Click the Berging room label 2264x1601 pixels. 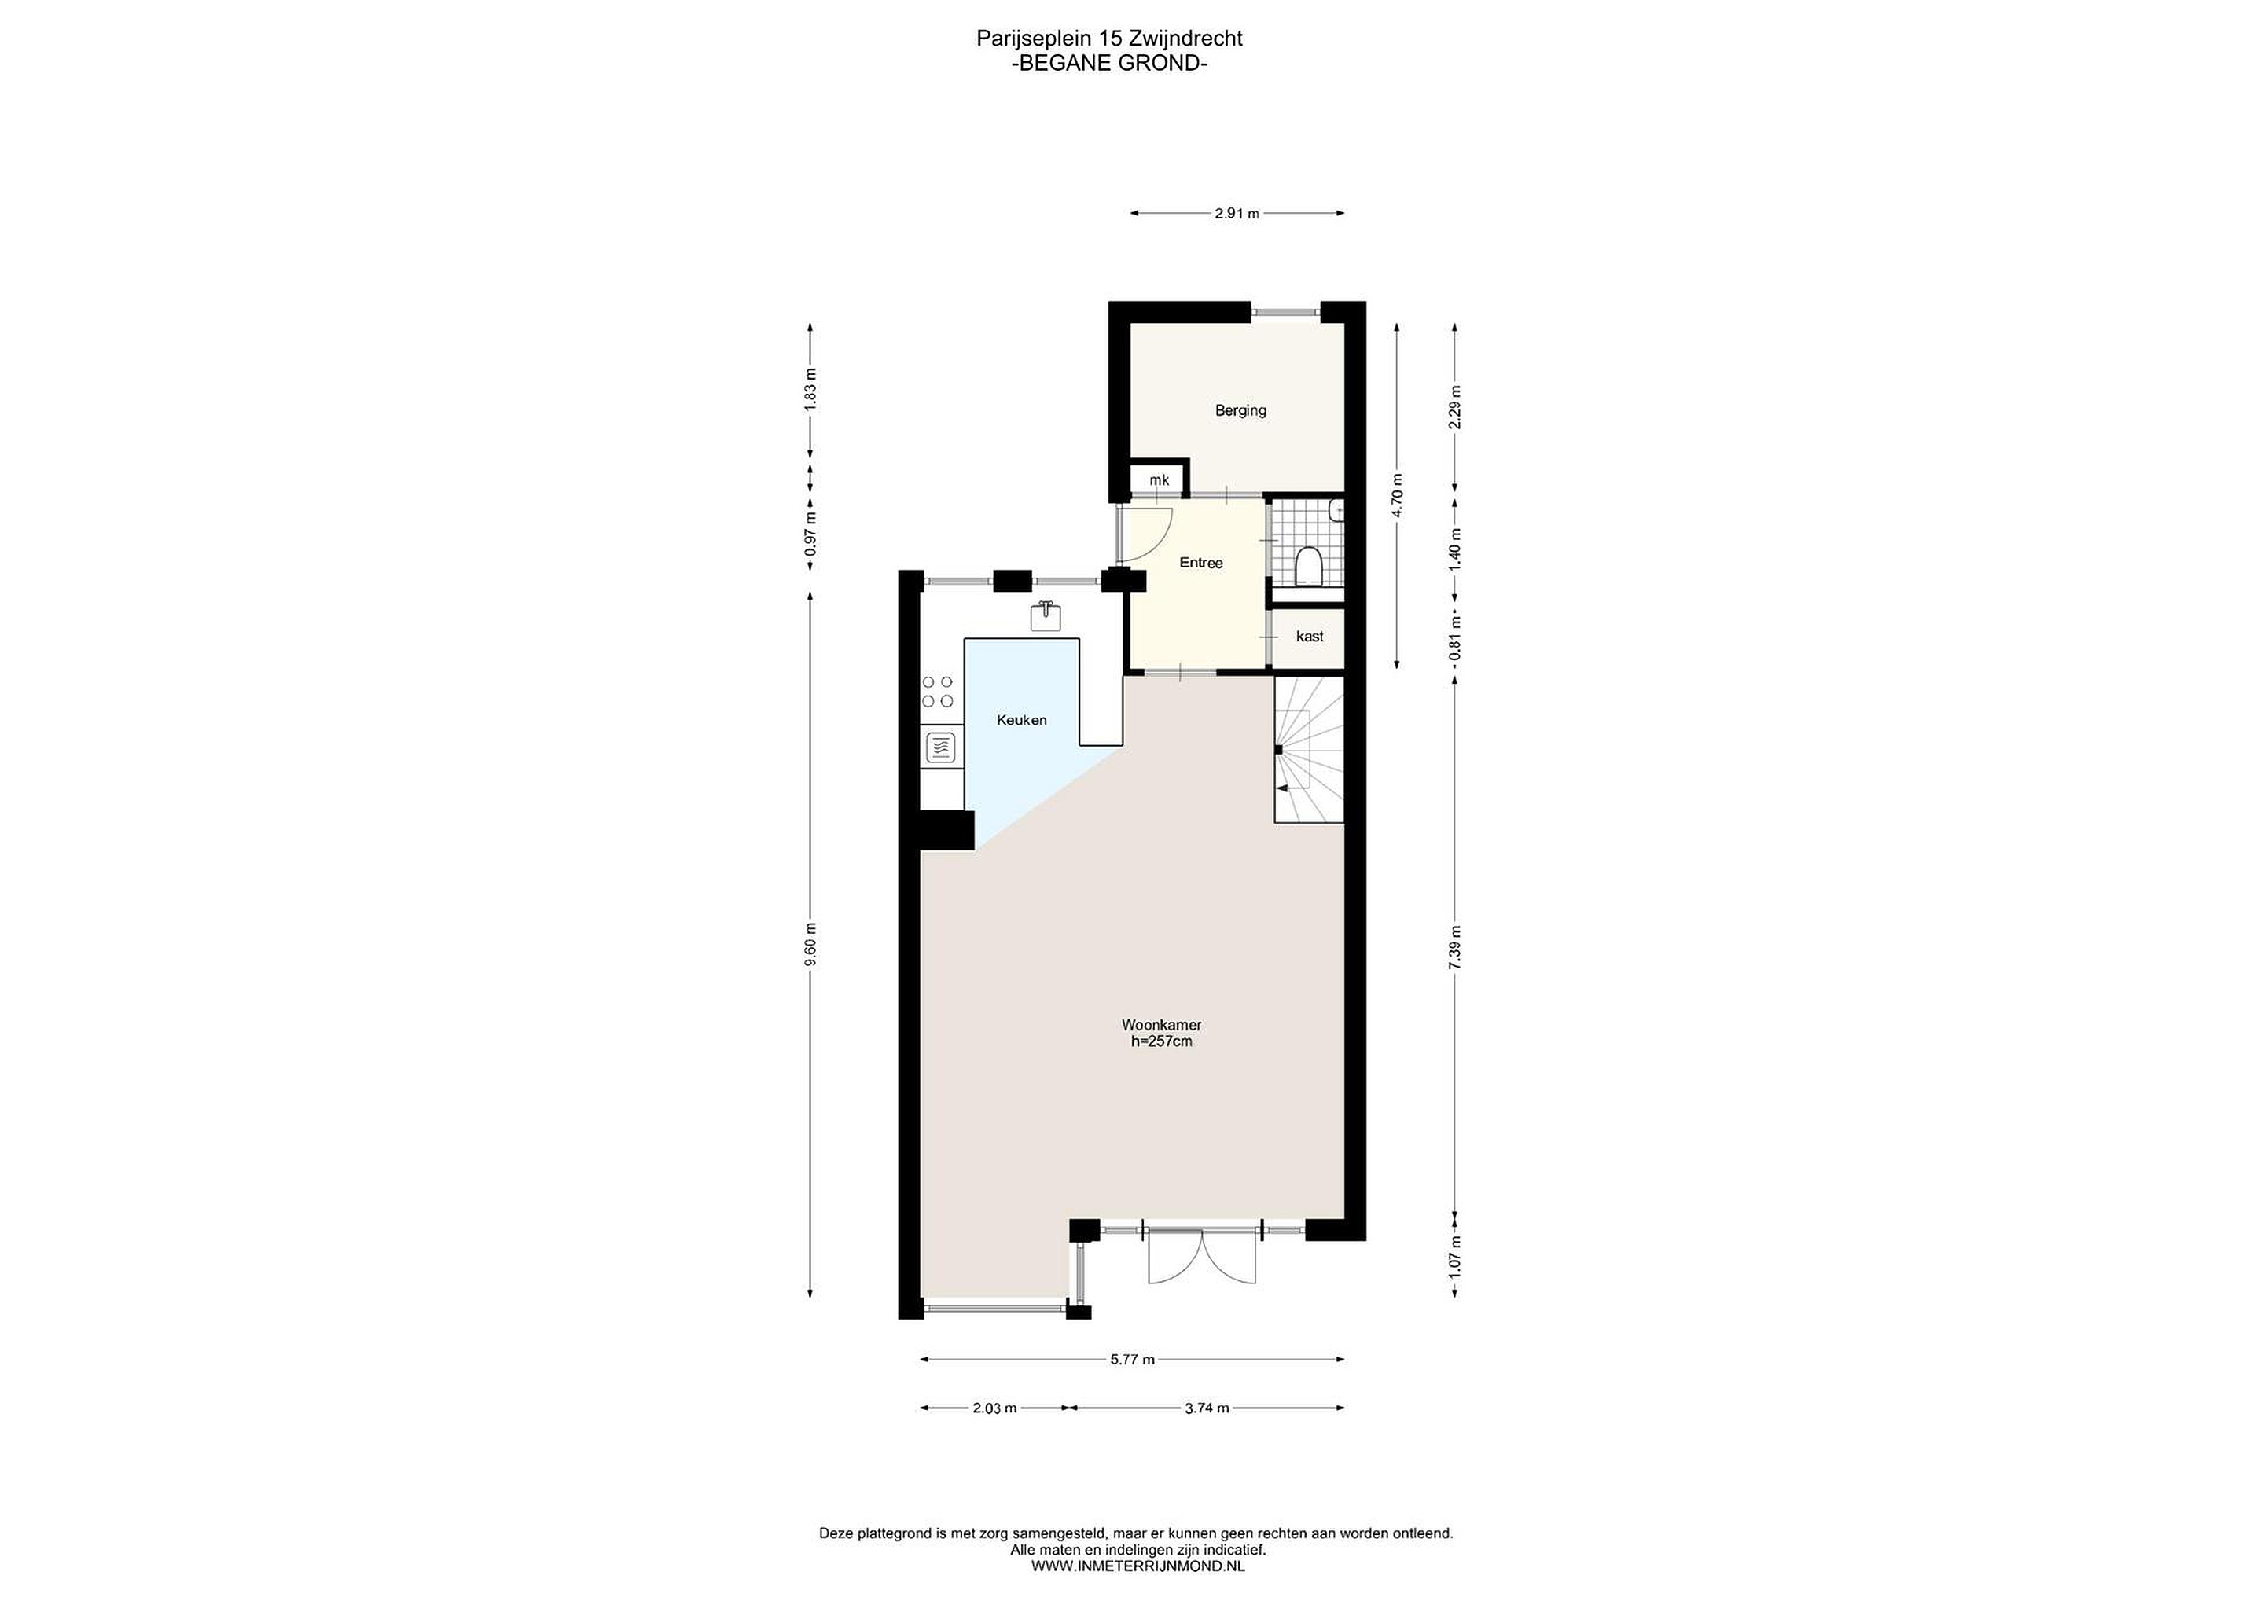[1240, 410]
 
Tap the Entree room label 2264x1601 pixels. [1201, 563]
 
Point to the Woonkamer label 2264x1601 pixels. [1162, 1024]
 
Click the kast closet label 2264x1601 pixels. [1310, 636]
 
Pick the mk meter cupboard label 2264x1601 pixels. [1160, 480]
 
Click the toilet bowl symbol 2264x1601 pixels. [1309, 566]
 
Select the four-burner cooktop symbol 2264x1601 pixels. [247, 691]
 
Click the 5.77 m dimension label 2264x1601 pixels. [1132, 1358]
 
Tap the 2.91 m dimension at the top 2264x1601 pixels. [1237, 213]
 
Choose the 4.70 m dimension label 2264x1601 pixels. [1395, 496]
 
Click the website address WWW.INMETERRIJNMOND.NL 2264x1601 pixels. [1138, 1566]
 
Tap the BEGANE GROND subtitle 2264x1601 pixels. [1109, 63]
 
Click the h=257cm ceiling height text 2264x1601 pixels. [1162, 1041]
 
